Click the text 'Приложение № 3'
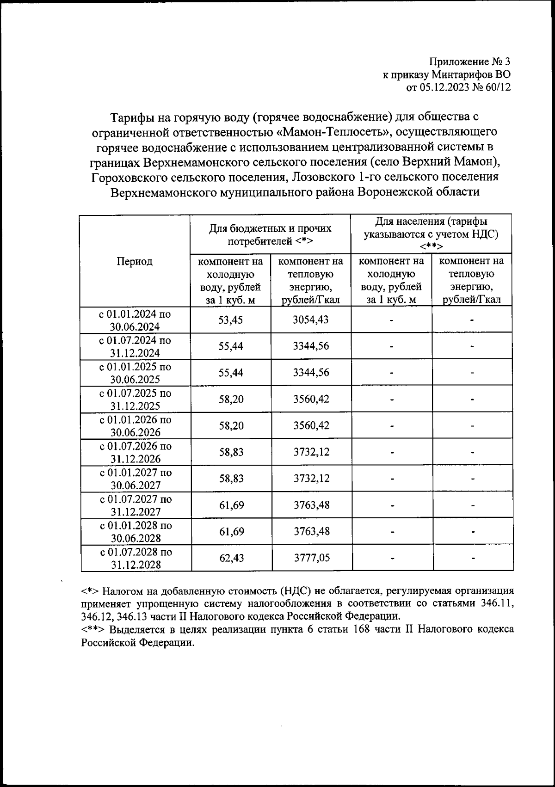(469, 62)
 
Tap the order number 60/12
(497, 87)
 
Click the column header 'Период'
(134, 261)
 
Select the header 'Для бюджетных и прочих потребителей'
(271, 234)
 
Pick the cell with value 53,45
(230, 320)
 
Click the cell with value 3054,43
(311, 320)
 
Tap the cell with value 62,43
(231, 558)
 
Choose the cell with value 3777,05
(312, 558)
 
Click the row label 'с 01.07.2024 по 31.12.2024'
(135, 347)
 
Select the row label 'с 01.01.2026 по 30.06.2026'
(135, 426)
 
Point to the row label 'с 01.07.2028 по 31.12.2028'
(135, 558)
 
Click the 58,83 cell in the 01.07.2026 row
(231, 452)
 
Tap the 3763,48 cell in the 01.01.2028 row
(312, 531)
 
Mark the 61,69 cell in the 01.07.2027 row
(231, 505)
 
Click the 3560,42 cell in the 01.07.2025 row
(311, 399)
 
